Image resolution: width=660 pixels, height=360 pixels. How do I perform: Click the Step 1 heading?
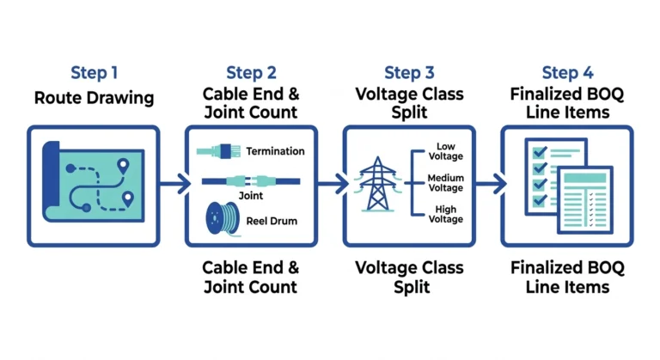(94, 73)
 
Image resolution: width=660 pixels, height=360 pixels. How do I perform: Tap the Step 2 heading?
(251, 73)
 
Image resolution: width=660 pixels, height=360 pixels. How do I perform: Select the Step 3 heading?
(409, 73)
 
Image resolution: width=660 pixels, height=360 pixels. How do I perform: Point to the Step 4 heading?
(567, 73)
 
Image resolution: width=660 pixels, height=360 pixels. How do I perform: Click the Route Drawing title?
(94, 98)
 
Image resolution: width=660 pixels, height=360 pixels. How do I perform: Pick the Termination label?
(275, 151)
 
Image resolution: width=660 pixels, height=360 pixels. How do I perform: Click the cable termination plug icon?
(219, 151)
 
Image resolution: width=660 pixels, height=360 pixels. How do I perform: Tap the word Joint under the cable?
(251, 196)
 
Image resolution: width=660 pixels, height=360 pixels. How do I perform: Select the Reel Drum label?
(272, 221)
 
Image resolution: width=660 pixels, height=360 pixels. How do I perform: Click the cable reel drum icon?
(223, 218)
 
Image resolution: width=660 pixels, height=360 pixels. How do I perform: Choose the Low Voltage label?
(446, 151)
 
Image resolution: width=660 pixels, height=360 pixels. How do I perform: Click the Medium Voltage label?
(446, 183)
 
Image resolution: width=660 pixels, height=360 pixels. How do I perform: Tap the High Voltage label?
(446, 214)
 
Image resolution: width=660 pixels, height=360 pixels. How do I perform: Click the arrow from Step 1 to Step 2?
(175, 184)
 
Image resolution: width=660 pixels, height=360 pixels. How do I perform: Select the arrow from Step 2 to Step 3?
(333, 184)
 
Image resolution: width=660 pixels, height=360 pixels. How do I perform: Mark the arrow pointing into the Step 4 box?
(491, 184)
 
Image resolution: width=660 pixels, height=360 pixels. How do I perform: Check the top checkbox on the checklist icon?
(540, 152)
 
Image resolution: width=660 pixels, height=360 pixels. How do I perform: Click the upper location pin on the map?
(123, 167)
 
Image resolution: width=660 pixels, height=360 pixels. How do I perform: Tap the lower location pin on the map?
(127, 198)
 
